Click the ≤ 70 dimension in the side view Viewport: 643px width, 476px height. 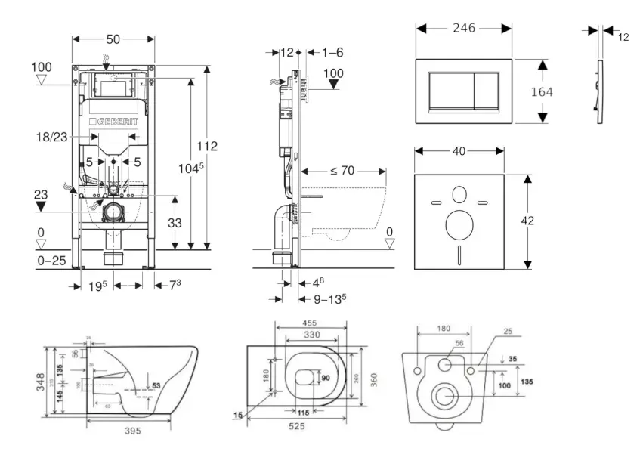tap(342, 171)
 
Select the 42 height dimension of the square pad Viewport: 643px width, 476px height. tap(527, 221)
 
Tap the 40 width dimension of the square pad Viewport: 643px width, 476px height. tap(458, 152)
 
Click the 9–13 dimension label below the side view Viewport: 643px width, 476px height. tap(329, 298)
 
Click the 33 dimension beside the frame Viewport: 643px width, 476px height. tap(174, 223)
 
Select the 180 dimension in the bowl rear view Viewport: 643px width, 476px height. tap(444, 329)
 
